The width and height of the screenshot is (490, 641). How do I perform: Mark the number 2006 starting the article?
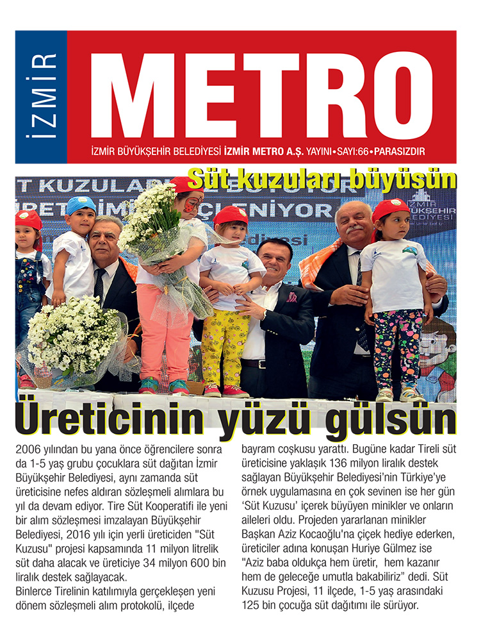coord(28,448)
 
